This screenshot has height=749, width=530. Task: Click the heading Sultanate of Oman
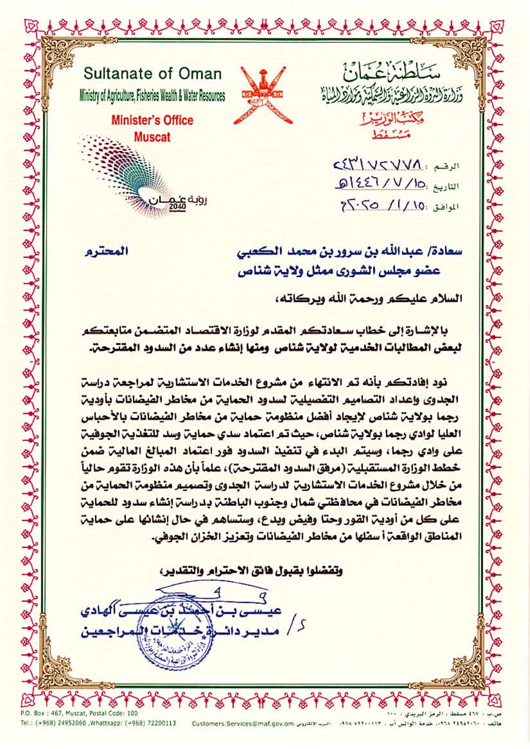[153, 74]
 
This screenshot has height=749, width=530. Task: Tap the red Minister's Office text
[152, 120]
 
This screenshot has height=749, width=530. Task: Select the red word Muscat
[152, 137]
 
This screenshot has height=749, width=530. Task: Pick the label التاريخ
[447, 187]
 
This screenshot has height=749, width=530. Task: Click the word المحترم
[106, 251]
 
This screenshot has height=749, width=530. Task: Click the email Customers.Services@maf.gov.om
[243, 724]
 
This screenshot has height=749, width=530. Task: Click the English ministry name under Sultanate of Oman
[153, 96]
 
